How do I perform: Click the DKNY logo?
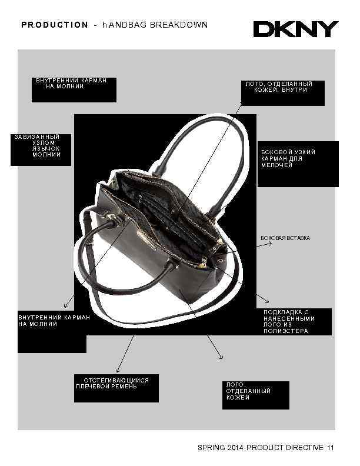pyautogui.click(x=296, y=29)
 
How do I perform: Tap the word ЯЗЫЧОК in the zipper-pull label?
pyautogui.click(x=46, y=148)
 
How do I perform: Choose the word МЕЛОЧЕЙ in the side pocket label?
pyautogui.click(x=276, y=165)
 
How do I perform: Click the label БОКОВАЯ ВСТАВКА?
pyautogui.click(x=285, y=238)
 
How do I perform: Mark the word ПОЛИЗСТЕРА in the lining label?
pyautogui.click(x=286, y=331)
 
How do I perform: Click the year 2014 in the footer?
pyautogui.click(x=234, y=448)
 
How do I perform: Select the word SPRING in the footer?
pyautogui.click(x=210, y=448)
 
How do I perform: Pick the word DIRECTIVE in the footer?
pyautogui.click(x=305, y=448)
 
